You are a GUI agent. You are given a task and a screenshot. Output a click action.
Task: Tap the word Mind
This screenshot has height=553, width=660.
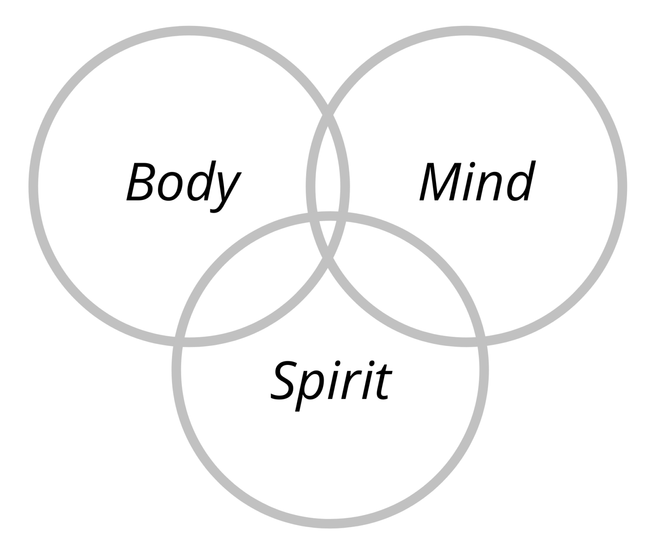[x=476, y=183]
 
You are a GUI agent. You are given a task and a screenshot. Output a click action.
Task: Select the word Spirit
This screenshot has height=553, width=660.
[x=330, y=381]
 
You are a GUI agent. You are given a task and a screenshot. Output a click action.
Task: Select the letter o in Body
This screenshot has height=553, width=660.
[x=171, y=188]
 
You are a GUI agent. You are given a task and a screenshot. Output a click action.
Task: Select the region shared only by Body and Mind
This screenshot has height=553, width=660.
[x=328, y=173]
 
